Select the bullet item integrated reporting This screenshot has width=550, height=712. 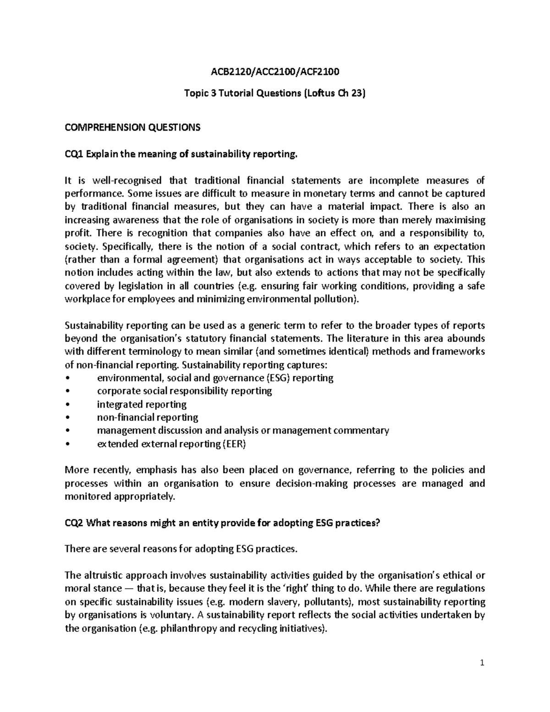point(142,404)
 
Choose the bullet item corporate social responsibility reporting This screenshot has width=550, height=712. point(184,391)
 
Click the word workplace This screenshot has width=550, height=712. point(88,300)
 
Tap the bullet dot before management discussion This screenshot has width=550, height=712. point(68,431)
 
